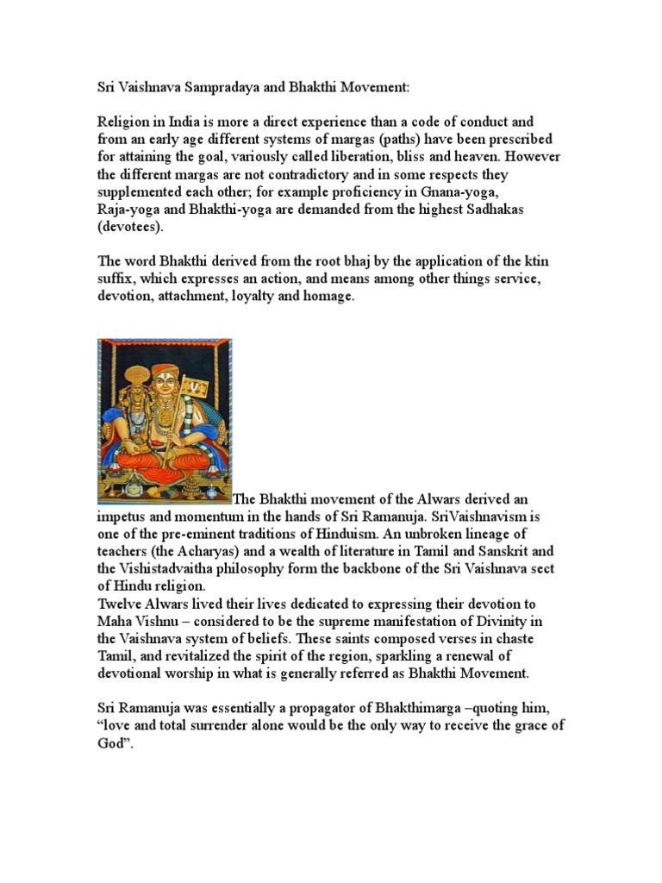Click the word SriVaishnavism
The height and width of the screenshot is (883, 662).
pos(467,516)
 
